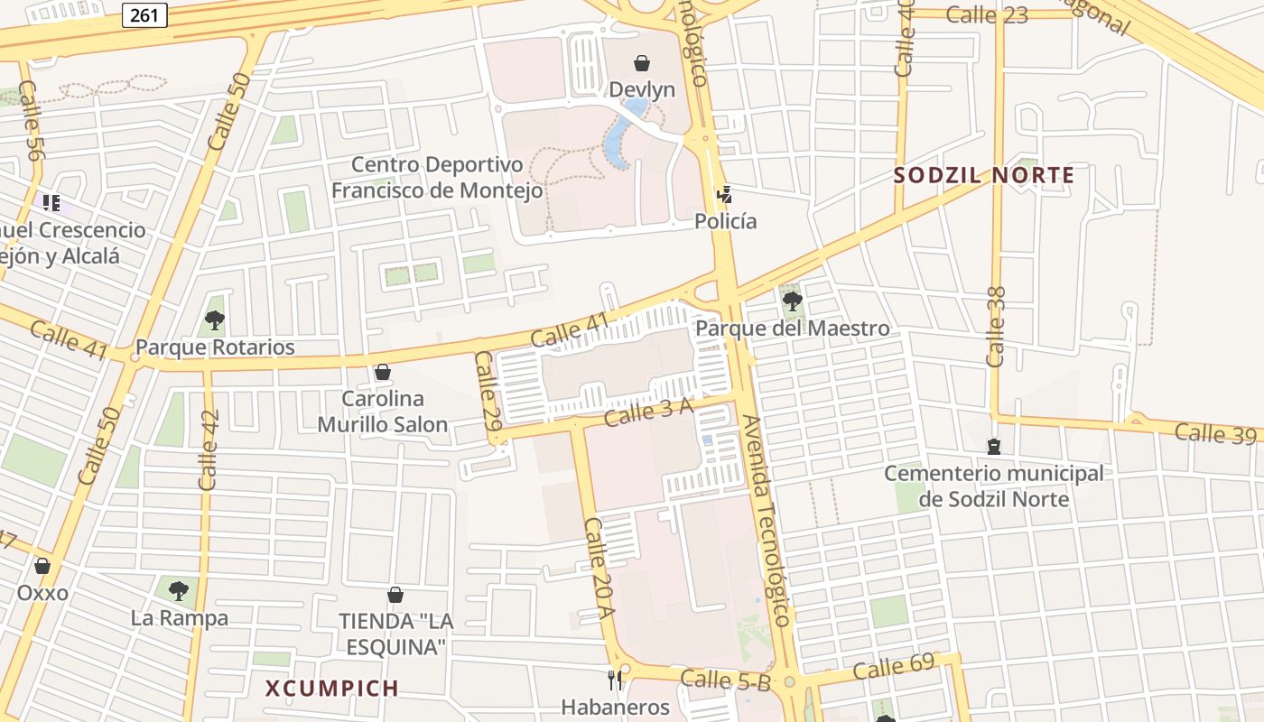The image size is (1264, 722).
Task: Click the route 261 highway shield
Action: coord(144,14)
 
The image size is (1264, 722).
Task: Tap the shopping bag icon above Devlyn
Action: coord(642,63)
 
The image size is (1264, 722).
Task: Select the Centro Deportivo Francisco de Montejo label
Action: coord(437,177)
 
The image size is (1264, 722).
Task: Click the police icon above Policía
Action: coord(723,193)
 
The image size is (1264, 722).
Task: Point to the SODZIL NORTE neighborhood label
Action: coord(984,175)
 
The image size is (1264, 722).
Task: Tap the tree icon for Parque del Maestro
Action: coord(792,301)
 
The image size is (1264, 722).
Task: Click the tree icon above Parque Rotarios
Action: coord(214,319)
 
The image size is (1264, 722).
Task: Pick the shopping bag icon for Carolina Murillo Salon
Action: coord(383,372)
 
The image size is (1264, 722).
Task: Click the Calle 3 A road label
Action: coord(648,412)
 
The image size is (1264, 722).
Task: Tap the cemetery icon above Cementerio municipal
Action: coord(994,446)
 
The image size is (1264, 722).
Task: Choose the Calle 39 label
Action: coord(1215,433)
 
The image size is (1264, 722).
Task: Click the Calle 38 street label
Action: coord(996,327)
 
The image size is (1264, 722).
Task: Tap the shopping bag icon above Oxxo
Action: coord(42,566)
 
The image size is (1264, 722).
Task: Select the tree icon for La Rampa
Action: coord(179,590)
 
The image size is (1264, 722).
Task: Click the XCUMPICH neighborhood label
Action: coord(332,689)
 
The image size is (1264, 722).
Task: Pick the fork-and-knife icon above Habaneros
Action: coord(615,680)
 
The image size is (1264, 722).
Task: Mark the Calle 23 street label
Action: coord(987,14)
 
